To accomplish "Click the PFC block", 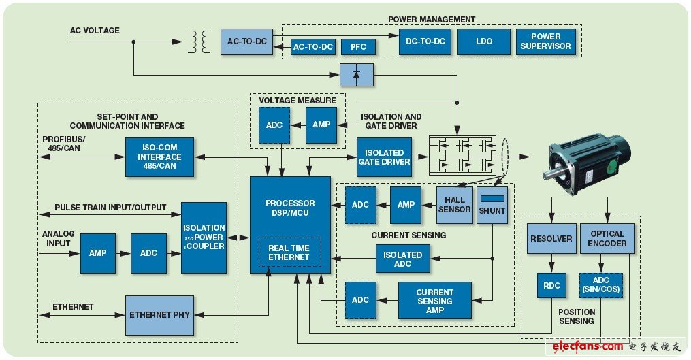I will (359, 46).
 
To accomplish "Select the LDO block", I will (484, 42).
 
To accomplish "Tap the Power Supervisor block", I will (545, 42).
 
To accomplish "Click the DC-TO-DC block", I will (425, 42).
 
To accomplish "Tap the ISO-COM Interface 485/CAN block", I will (159, 157).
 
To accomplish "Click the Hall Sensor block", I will (454, 205).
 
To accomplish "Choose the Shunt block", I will (492, 205).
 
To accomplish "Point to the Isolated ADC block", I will (403, 259).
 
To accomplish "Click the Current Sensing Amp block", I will (434, 301).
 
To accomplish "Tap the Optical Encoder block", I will (607, 239).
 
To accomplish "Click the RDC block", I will (551, 286).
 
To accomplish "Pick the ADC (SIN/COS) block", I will (601, 287).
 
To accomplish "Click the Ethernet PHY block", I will (159, 315).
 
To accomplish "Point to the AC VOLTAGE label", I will (95, 31).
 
